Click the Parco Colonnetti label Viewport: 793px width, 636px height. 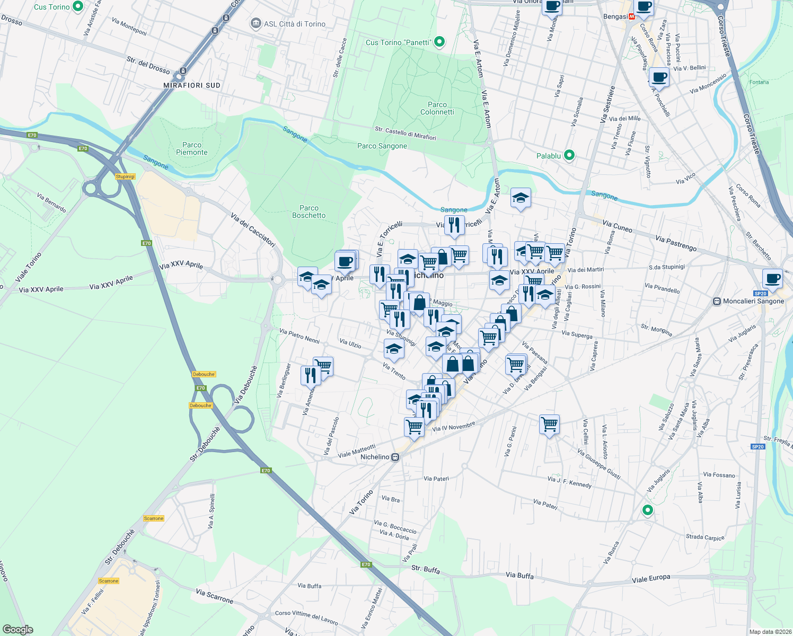pyautogui.click(x=437, y=108)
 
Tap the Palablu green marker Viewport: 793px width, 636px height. pyautogui.click(x=569, y=155)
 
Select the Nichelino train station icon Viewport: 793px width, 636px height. pyautogui.click(x=395, y=457)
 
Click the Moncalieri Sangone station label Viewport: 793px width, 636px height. pyautogui.click(x=753, y=301)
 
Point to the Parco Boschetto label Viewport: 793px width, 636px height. pyautogui.click(x=309, y=211)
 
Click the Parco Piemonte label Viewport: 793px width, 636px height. pyautogui.click(x=192, y=148)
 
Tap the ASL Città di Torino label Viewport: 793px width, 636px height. pyautogui.click(x=294, y=24)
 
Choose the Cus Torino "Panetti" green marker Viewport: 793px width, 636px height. pyautogui.click(x=439, y=42)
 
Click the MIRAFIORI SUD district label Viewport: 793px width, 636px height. pyautogui.click(x=192, y=85)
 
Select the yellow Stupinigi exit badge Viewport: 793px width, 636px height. pyautogui.click(x=125, y=176)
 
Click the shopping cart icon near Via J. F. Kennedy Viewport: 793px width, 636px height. pyautogui.click(x=549, y=424)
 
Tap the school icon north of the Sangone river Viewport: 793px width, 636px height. pyautogui.click(x=521, y=198)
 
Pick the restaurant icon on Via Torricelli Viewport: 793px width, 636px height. pyautogui.click(x=454, y=225)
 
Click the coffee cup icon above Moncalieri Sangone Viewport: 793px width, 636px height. pyautogui.click(x=772, y=278)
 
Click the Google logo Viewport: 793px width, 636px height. pyautogui.click(x=18, y=630)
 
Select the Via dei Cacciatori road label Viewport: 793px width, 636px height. pyautogui.click(x=253, y=230)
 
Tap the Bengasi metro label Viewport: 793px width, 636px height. pyautogui.click(x=615, y=16)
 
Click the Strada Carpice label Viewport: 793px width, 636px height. pyautogui.click(x=705, y=537)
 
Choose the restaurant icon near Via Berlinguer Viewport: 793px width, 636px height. pyautogui.click(x=310, y=375)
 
